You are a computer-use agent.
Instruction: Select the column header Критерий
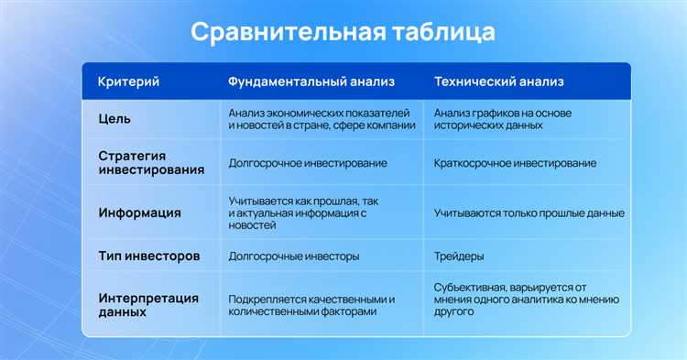(x=128, y=82)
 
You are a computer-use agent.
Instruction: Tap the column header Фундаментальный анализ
(x=311, y=82)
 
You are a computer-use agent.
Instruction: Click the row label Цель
(x=114, y=118)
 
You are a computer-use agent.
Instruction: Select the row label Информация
(x=139, y=213)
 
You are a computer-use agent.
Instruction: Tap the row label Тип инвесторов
(x=148, y=256)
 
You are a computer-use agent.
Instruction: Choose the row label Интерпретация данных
(x=147, y=306)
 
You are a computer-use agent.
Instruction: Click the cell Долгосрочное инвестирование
(x=307, y=163)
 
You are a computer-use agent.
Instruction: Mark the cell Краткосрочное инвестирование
(x=515, y=163)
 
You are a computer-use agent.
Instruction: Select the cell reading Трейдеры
(x=460, y=256)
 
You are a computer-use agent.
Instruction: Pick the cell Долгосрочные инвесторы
(x=293, y=256)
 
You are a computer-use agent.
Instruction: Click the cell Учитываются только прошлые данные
(x=529, y=213)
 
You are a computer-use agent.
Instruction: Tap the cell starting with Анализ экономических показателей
(x=318, y=118)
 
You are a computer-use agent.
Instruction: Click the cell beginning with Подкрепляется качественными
(x=311, y=306)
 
